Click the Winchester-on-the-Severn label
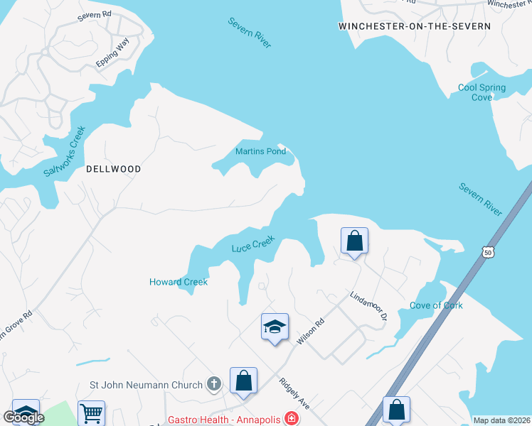pyautogui.click(x=415, y=26)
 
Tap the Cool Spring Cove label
pyautogui.click(x=482, y=92)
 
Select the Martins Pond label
pyautogui.click(x=260, y=151)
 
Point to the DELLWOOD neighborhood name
pyautogui.click(x=113, y=169)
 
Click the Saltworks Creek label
pyautogui.click(x=64, y=152)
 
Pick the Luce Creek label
pyautogui.click(x=252, y=244)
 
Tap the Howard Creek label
pyautogui.click(x=179, y=282)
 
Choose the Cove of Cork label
pyautogui.click(x=436, y=305)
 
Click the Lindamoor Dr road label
pyautogui.click(x=367, y=305)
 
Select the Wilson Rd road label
pyautogui.click(x=310, y=332)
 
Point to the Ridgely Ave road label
pyautogui.click(x=294, y=393)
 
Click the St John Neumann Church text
pyautogui.click(x=146, y=386)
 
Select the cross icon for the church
pyautogui.click(x=213, y=385)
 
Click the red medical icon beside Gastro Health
pyautogui.click(x=290, y=419)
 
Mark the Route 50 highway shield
pyautogui.click(x=486, y=251)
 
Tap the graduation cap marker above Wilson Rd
pyautogui.click(x=275, y=327)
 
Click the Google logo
pyautogui.click(x=23, y=417)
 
